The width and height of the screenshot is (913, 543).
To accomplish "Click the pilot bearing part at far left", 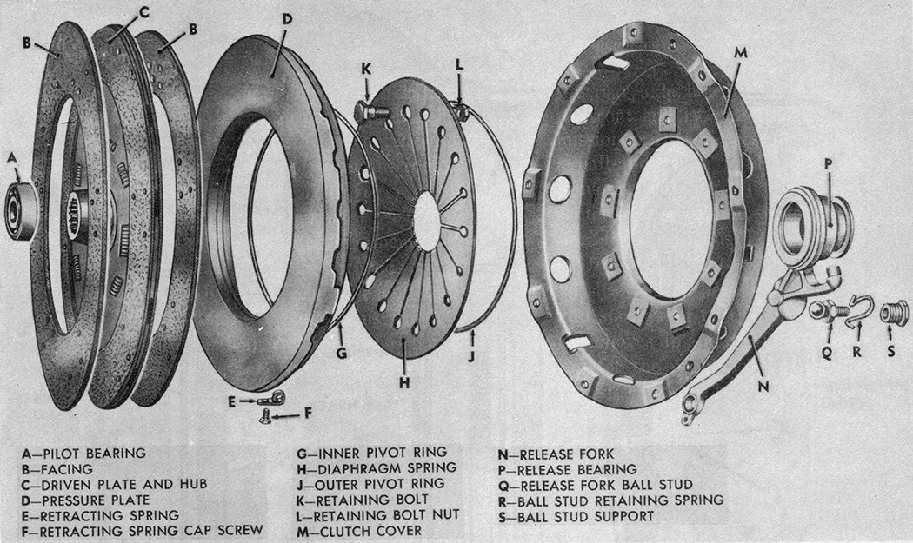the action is pos(18,210).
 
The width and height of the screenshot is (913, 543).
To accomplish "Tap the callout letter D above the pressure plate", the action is pos(286,18).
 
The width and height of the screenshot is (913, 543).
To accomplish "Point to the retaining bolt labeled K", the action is pos(369,110).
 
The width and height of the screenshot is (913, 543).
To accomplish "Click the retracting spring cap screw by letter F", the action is pos(265,416).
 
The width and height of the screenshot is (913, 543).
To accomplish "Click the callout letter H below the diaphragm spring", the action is pos(404,382).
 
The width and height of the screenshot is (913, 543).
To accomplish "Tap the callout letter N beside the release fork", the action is pos(763,386).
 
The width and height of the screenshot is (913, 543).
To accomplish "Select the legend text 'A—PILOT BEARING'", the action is pos(83,453).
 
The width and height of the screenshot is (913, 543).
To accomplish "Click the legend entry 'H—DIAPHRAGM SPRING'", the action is pos(377,467).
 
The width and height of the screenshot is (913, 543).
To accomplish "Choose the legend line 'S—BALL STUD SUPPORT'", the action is pos(576,516).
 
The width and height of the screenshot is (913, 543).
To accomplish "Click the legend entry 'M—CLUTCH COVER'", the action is pos(359,531).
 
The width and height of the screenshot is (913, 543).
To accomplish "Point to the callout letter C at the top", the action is pos(143,10).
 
